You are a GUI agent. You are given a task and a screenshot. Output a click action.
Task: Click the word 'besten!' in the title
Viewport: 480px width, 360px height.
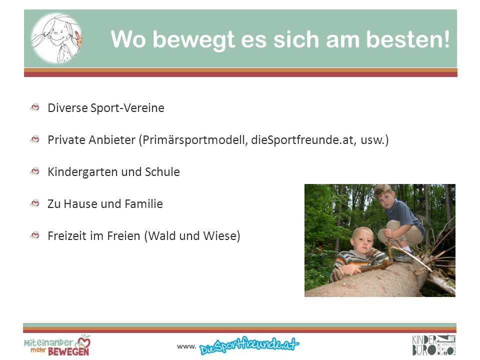(x=408, y=39)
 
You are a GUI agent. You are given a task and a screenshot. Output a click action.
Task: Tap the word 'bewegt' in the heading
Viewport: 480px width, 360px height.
(x=194, y=40)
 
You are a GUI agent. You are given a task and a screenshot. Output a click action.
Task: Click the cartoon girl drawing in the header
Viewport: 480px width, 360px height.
(x=57, y=38)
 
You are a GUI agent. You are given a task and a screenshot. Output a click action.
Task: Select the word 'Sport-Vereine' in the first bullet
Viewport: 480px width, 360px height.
(x=127, y=108)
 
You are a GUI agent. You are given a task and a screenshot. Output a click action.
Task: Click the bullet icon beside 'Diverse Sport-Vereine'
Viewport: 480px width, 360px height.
(x=35, y=107)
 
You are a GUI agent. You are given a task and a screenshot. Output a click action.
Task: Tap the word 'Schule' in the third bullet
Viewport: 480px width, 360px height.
(x=162, y=171)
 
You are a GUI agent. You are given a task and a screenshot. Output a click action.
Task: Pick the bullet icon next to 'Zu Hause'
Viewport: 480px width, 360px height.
(x=35, y=203)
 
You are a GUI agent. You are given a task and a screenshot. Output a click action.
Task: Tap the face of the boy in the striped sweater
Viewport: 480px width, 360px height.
(x=363, y=240)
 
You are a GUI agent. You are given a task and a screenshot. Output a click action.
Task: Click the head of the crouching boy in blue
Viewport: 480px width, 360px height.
(x=384, y=196)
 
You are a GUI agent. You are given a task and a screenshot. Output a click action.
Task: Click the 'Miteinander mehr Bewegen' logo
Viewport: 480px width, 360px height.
(x=57, y=345)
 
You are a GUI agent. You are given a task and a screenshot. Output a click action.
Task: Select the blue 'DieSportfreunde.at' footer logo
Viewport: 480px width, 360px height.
(x=249, y=345)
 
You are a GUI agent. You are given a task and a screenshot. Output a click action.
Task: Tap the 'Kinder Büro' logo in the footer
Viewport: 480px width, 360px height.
(x=433, y=345)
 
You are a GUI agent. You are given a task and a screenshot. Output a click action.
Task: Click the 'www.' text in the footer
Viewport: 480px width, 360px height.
(x=186, y=346)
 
